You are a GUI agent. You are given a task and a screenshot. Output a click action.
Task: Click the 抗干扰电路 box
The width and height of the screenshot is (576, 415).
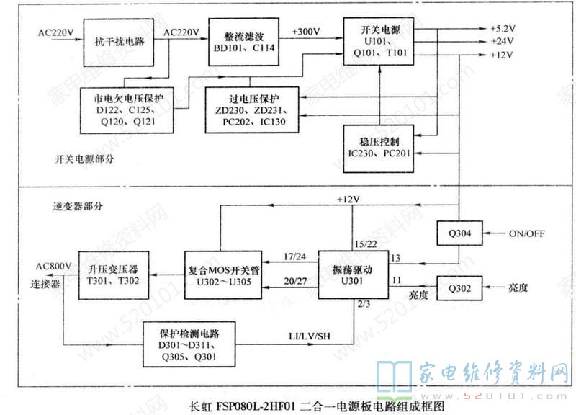[x=120, y=42]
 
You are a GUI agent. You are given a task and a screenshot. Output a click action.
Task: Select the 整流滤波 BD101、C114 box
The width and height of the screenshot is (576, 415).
[x=242, y=42]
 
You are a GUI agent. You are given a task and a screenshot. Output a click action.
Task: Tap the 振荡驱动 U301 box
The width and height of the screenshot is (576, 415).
[x=352, y=274]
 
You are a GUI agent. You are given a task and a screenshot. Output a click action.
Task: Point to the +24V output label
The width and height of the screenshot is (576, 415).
[x=501, y=42]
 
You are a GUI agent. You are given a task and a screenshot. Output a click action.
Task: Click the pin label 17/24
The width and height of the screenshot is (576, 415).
[x=294, y=256]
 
